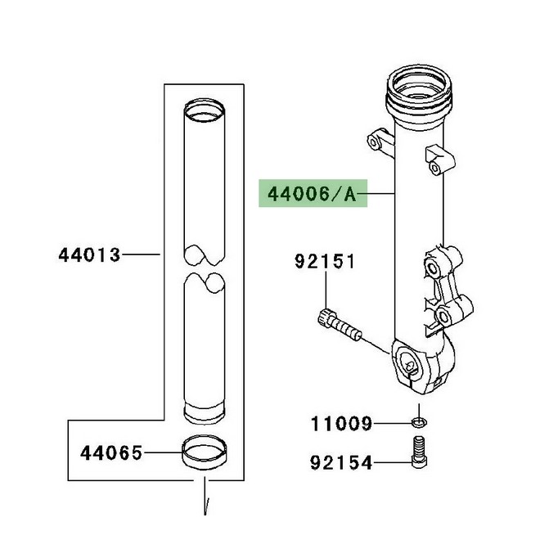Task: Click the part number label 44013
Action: (88, 255)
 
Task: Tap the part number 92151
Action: (325, 262)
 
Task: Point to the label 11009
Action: (340, 424)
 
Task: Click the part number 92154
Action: (340, 463)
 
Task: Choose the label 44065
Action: (111, 452)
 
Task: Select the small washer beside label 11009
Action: (417, 423)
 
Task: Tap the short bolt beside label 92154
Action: (417, 452)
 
